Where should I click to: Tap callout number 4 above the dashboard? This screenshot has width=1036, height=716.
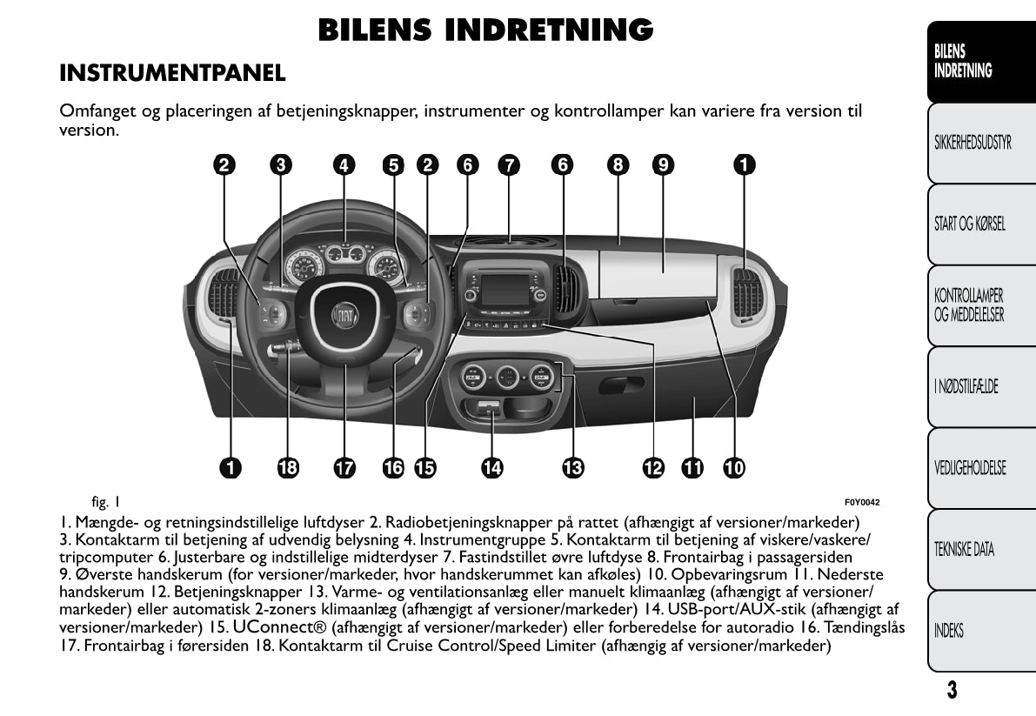pyautogui.click(x=344, y=164)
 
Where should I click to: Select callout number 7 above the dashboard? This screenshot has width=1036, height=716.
pyautogui.click(x=508, y=164)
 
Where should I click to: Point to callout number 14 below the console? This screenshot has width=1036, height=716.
pyautogui.click(x=492, y=468)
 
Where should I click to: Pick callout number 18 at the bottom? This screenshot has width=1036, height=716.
pyautogui.click(x=287, y=468)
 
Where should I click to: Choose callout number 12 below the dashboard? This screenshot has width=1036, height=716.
pyautogui.click(x=653, y=468)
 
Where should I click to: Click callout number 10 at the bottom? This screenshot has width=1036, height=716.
pyautogui.click(x=733, y=468)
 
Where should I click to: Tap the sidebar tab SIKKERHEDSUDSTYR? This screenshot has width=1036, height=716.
pyautogui.click(x=972, y=143)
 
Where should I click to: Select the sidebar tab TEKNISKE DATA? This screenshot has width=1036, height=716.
pyautogui.click(x=964, y=549)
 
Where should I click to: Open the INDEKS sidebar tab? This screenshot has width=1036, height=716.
pyautogui.click(x=949, y=631)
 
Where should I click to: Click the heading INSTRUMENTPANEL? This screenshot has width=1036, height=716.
pyautogui.click(x=172, y=74)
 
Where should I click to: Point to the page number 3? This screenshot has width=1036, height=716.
pyautogui.click(x=952, y=691)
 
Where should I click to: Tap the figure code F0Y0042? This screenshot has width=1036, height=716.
pyautogui.click(x=862, y=502)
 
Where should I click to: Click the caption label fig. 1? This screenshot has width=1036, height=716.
pyautogui.click(x=105, y=502)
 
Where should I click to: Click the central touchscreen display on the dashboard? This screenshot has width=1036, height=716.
pyautogui.click(x=505, y=290)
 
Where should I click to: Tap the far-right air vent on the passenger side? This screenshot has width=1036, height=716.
pyautogui.click(x=747, y=293)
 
